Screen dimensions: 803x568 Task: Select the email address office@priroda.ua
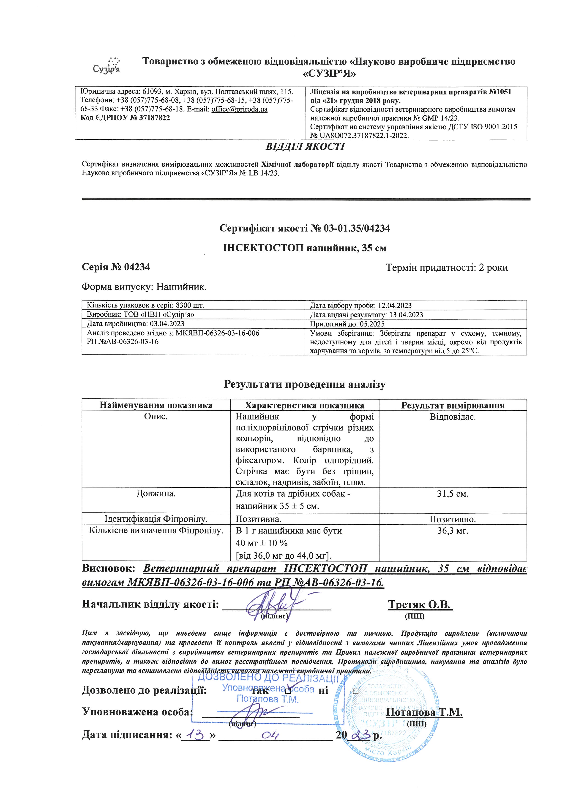pos(239,109)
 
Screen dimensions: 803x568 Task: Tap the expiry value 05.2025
pos(372,324)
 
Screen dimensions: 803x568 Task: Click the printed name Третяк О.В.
pos(420,605)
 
